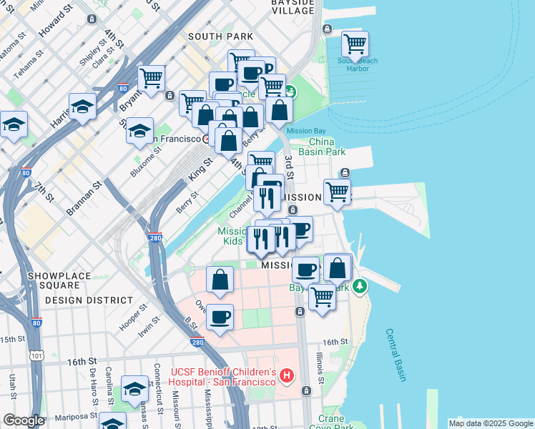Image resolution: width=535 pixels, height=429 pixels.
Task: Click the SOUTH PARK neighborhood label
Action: (x=220, y=36)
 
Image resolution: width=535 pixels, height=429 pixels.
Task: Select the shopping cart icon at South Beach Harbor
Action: (x=355, y=44)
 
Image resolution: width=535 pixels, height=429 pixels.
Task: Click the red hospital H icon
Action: (x=287, y=375)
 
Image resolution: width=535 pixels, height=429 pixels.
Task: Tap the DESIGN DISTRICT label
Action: (x=89, y=300)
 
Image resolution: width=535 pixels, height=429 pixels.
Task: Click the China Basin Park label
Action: (x=328, y=147)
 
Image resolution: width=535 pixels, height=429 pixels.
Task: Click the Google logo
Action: (x=24, y=420)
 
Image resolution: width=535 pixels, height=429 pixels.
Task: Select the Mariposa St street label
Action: (x=71, y=416)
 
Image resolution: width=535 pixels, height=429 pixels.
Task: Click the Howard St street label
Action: (x=55, y=21)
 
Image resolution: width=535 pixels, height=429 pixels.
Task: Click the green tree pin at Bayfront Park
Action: (x=360, y=285)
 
